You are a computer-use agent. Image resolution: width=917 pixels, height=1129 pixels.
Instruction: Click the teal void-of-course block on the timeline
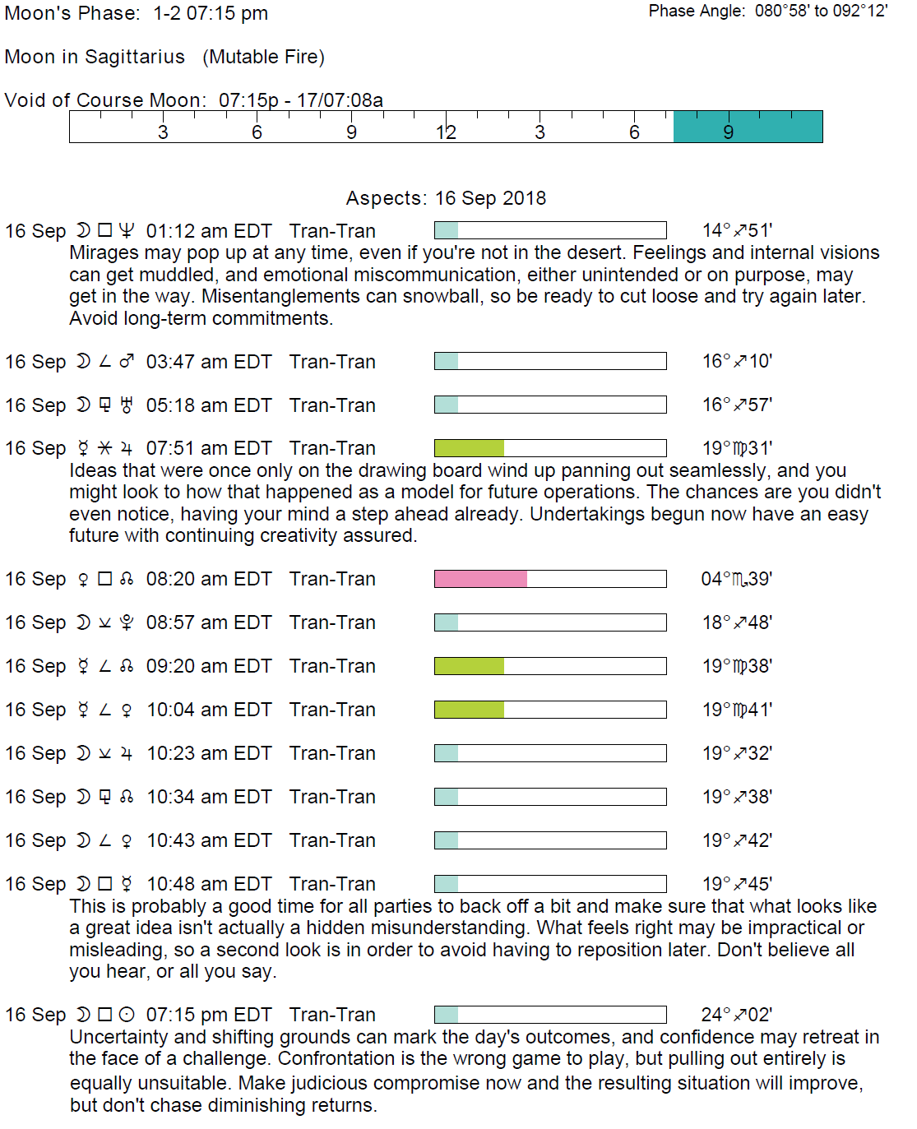748,127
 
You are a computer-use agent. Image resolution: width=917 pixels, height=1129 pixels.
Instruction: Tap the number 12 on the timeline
446,132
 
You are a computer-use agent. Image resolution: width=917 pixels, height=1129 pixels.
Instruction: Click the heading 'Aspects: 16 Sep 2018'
446,198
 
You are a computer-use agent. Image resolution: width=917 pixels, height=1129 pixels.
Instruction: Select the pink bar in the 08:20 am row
480,579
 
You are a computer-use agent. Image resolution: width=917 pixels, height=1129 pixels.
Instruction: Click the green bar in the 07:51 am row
469,448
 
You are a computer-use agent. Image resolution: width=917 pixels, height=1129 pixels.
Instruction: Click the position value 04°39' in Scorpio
736,579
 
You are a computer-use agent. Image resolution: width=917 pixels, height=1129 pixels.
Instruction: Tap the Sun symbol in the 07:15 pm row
126,1015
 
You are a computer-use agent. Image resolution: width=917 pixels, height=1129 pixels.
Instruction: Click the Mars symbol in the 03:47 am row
126,362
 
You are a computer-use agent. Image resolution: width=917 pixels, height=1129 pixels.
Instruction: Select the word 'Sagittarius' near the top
135,57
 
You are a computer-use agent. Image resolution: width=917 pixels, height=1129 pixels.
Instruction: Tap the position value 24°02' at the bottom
736,1015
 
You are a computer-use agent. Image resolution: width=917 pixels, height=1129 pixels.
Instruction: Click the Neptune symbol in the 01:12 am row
126,231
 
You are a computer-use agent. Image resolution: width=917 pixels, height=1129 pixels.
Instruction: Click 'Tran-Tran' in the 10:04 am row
332,710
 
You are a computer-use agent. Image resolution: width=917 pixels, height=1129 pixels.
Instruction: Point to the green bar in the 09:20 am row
469,666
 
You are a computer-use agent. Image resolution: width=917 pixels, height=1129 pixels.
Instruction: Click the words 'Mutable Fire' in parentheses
263,57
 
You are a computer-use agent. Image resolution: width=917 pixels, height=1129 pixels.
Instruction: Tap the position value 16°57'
736,405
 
